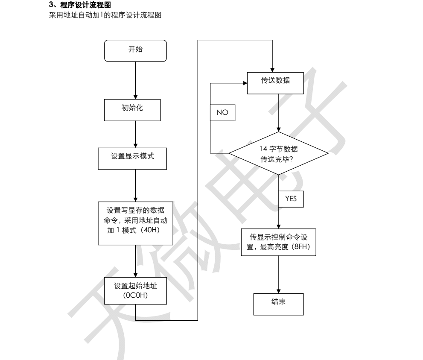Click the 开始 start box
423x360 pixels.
tap(135, 51)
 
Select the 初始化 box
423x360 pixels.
tap(132, 110)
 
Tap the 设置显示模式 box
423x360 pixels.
tap(132, 159)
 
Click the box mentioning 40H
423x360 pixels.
tap(135, 223)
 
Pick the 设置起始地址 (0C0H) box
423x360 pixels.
tap(135, 291)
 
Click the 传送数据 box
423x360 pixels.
tap(275, 83)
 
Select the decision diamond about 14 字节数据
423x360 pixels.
tap(279, 153)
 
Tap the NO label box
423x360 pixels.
tap(222, 113)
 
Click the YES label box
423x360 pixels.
tap(291, 199)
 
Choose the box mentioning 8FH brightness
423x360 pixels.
tap(279, 242)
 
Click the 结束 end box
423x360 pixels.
tap(279, 304)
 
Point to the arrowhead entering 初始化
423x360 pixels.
tap(135, 97)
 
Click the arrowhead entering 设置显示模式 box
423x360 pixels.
tap(135, 146)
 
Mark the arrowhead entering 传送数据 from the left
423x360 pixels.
tap(245, 83)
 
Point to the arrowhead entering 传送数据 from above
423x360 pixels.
tap(272, 70)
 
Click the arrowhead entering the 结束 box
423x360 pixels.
tap(279, 291)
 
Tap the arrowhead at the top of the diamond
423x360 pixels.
tap(279, 129)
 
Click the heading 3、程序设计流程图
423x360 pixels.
tap(80, 5)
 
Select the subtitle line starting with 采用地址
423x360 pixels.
tap(105, 15)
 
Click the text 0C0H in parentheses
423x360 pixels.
tap(135, 295)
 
